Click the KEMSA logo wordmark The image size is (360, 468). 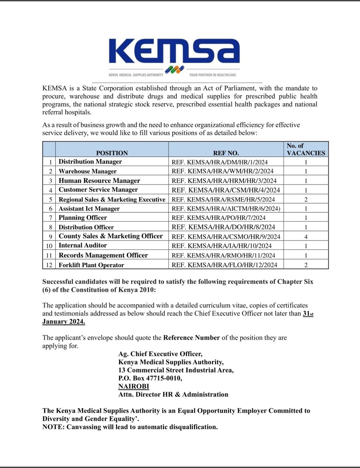pos(174,51)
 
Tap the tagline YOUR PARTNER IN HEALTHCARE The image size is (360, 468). pos(212,75)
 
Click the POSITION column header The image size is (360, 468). pos(112,153)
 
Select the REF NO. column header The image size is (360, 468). pos(226,153)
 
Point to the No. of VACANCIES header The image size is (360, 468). pos(306,149)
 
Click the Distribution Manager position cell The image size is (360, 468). pos(90,162)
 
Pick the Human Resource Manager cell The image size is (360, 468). pos(99,181)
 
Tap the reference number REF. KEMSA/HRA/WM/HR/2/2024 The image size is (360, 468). pos(222,171)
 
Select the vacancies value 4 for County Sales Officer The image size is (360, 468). pos(306,237)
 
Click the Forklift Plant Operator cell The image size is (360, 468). pos(91,265)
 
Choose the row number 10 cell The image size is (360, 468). pos(49,246)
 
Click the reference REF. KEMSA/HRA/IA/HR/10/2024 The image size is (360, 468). pos(221,246)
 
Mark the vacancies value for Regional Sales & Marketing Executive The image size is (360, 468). pos(306,199)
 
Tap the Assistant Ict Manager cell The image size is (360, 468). pos(89,208)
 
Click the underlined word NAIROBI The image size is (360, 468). pos(133,386)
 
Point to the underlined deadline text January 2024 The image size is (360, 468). pos(64,322)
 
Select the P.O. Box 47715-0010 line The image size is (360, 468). pos(150,378)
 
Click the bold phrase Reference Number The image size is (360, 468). pos(191,338)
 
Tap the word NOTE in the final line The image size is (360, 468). pos(53,427)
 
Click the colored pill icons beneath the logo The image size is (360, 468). pos(174,70)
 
